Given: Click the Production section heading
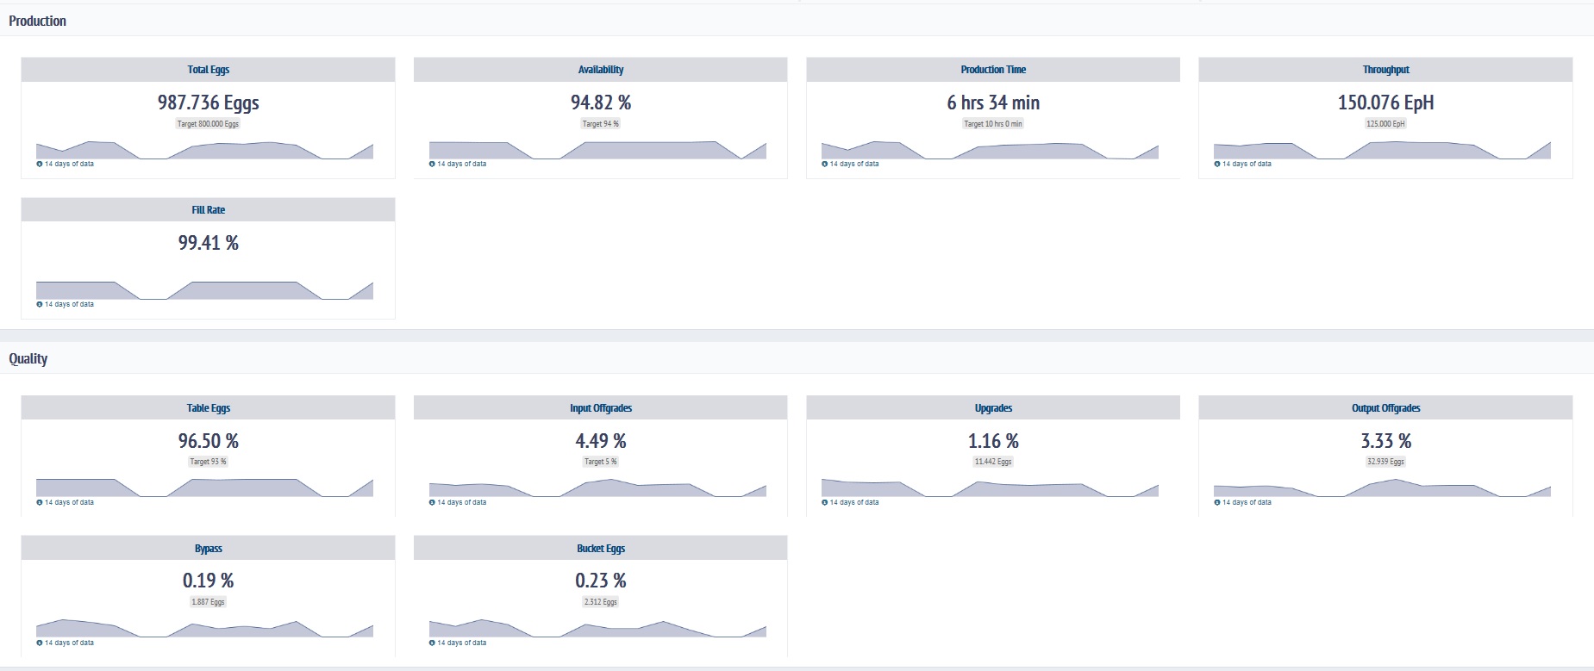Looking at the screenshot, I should coord(37,21).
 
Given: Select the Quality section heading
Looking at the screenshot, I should coord(28,358).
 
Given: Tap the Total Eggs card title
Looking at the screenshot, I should coord(208,70).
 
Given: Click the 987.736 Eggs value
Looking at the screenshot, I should coord(208,103).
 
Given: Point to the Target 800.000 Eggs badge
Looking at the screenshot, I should coord(208,124).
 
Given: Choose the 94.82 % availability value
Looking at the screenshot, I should coord(600,103).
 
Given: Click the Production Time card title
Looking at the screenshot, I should coord(993,70).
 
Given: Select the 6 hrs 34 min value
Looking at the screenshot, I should coord(993,103).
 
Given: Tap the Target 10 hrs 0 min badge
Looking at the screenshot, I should coord(993,124).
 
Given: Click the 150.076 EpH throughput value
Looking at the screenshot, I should coord(1385,103).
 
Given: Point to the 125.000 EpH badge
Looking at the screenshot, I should coord(1385,124).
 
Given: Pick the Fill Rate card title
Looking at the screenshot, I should coord(208,210).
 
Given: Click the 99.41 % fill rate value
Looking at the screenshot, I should coord(208,243).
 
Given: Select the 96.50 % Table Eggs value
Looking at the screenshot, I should coord(208,441).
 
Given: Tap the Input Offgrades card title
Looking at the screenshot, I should coord(600,408).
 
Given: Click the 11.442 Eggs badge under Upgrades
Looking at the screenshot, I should coord(993,462).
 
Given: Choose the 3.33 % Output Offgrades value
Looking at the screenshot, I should coord(1385,441).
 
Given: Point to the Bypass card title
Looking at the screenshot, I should coord(208,549).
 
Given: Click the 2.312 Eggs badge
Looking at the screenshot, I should coord(600,602).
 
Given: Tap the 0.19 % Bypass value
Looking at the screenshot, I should coord(208,581).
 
